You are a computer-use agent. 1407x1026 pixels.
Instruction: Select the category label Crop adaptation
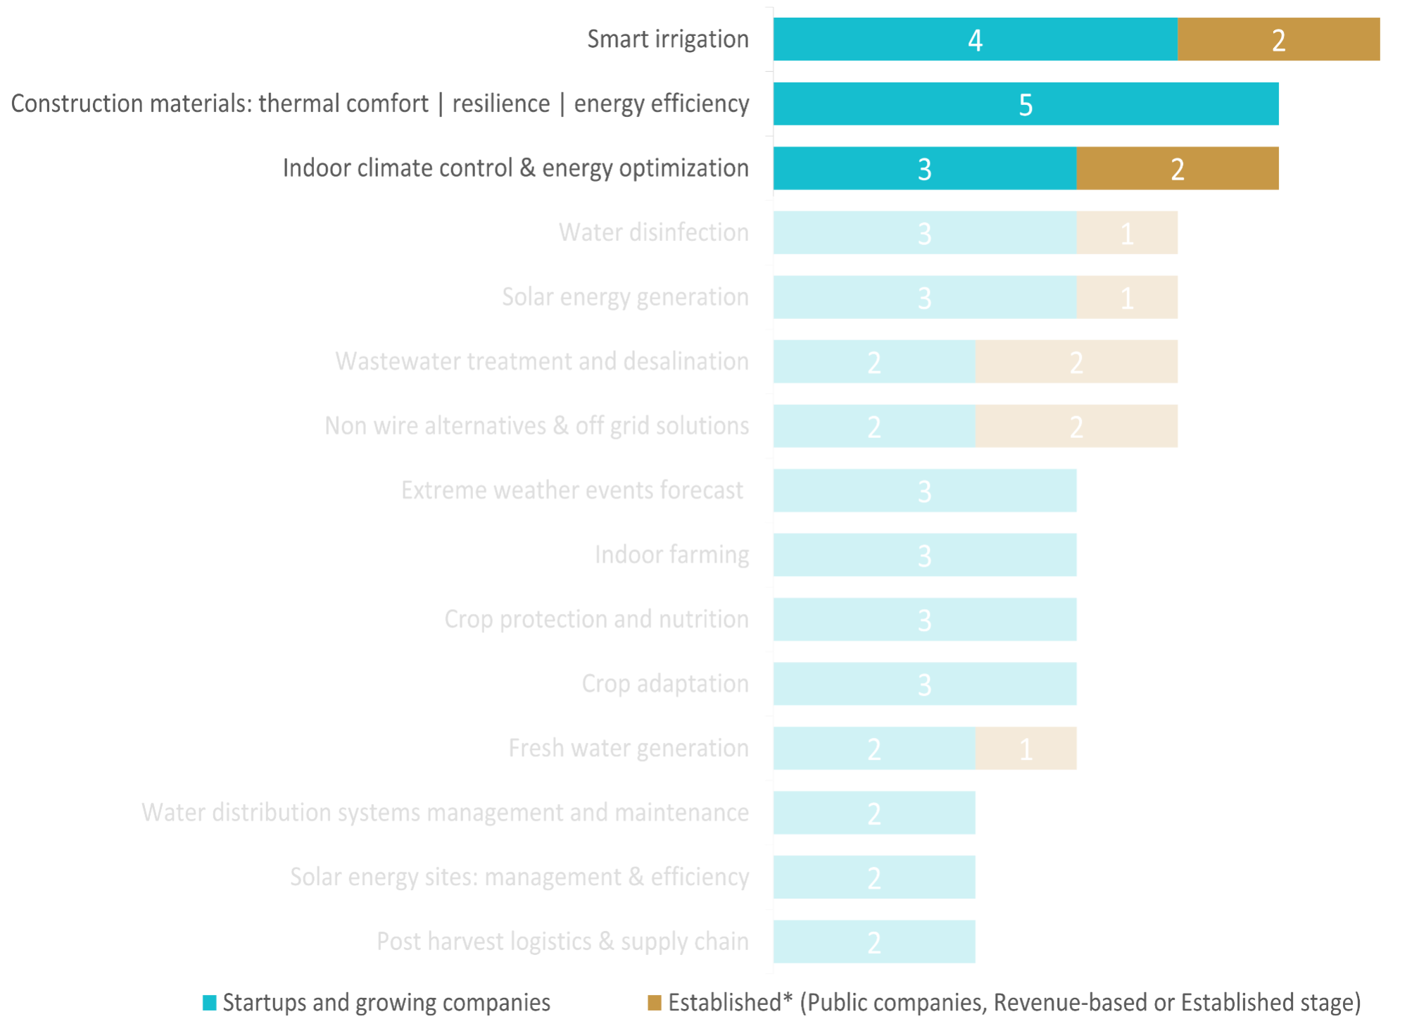click(664, 684)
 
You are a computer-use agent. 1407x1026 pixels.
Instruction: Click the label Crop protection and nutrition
click(596, 620)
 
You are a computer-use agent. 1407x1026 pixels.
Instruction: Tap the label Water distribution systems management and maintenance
click(445, 813)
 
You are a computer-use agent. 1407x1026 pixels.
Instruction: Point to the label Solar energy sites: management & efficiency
click(519, 877)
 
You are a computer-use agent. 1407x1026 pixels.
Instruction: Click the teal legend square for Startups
click(209, 1003)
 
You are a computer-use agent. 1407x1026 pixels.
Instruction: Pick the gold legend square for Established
click(655, 1003)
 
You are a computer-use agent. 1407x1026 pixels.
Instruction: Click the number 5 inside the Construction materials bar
click(1026, 105)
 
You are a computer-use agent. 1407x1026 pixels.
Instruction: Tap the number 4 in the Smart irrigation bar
click(975, 40)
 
